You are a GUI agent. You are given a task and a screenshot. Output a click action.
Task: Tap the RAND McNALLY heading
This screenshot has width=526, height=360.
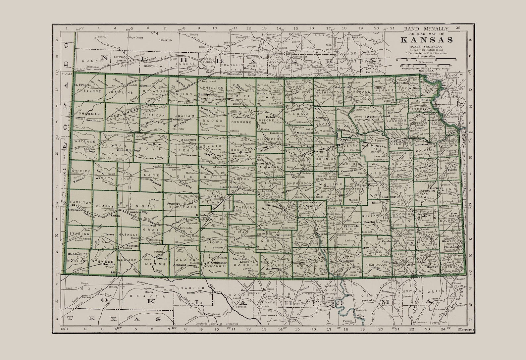426,29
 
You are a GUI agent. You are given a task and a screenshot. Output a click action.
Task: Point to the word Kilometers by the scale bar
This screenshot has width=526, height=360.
426,62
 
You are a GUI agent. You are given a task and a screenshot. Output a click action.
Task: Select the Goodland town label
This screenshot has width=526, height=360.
93,121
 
